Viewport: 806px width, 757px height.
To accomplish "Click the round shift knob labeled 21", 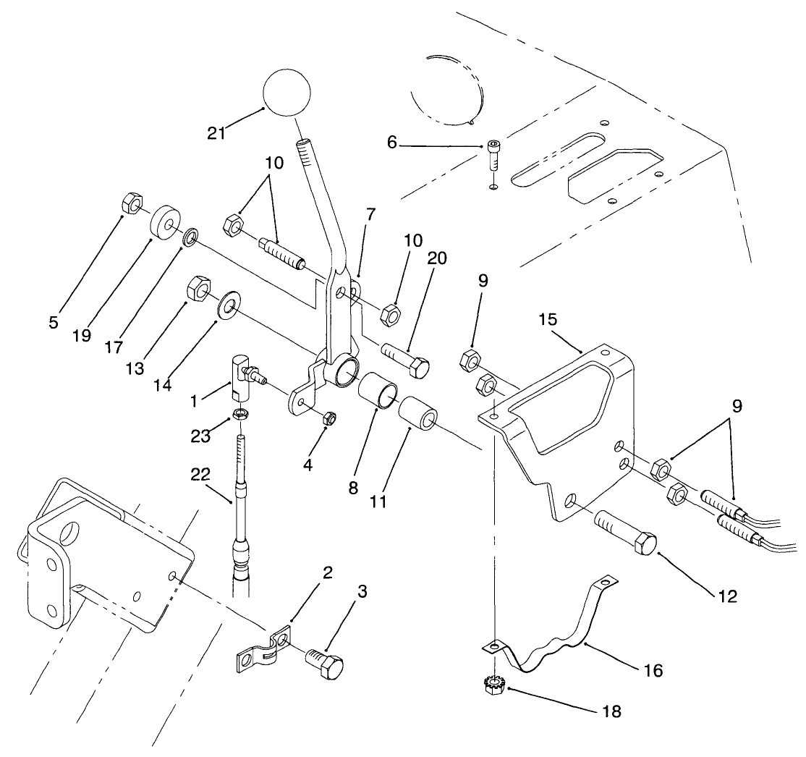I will pos(287,91).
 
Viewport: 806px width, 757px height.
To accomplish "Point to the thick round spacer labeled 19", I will pos(165,221).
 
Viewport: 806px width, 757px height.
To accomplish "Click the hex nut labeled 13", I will pos(199,290).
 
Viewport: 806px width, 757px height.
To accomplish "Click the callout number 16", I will pos(653,671).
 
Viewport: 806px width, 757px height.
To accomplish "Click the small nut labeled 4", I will pos(328,418).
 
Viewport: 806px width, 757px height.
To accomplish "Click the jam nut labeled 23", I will pos(242,415).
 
